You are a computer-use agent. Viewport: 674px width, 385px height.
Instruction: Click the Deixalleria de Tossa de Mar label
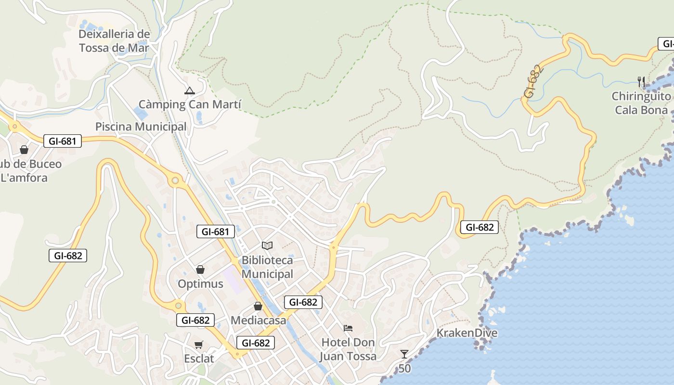point(114,41)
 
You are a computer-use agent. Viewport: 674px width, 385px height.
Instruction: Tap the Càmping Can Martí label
point(190,104)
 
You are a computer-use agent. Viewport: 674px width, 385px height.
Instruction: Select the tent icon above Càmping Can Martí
point(190,90)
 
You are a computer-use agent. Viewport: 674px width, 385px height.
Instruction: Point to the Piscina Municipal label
point(141,127)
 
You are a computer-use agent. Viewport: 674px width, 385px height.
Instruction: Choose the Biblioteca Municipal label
point(267,267)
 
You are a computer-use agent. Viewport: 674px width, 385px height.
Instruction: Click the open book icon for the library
point(267,245)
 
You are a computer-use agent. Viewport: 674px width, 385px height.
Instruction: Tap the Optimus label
point(201,284)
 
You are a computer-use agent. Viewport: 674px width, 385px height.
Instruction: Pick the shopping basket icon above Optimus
point(200,269)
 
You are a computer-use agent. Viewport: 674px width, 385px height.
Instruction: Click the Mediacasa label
point(259,320)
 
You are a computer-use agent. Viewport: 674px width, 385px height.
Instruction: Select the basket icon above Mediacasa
point(258,306)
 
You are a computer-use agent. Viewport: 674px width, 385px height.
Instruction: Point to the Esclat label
point(199,359)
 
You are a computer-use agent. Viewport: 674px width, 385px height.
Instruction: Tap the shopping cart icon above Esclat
point(198,345)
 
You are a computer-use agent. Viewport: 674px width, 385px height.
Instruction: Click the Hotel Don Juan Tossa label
point(349,349)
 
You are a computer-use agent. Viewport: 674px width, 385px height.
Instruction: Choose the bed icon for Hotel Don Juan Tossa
point(348,328)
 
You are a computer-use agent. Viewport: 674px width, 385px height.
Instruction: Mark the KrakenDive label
point(467,333)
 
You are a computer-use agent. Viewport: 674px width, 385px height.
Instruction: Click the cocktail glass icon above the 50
point(404,354)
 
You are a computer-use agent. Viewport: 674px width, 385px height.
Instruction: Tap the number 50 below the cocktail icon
point(405,369)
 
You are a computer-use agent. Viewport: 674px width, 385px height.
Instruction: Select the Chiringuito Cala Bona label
point(641,103)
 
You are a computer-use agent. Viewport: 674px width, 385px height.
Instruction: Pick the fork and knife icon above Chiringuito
point(641,81)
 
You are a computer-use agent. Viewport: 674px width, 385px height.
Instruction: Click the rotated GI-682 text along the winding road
point(534,81)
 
